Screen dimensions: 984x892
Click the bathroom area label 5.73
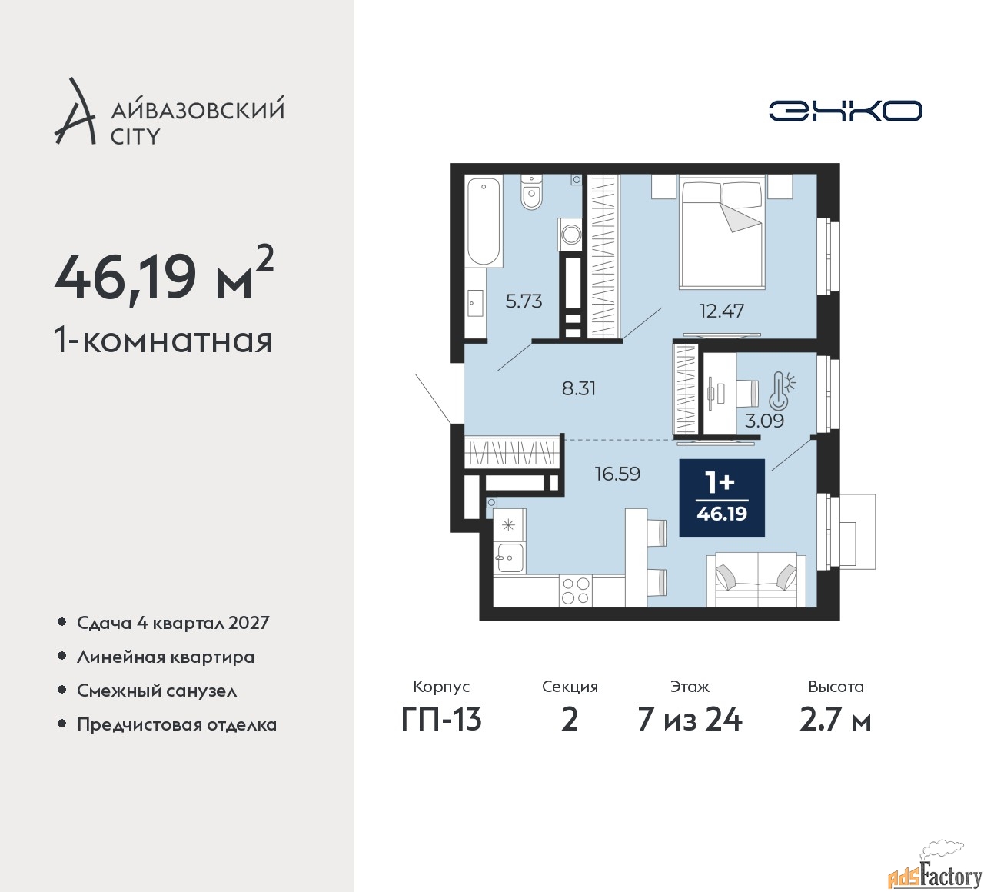pos(524,301)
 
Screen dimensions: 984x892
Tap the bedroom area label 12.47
pos(721,311)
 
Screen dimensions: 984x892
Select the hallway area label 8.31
pos(579,388)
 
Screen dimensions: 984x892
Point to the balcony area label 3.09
pos(764,421)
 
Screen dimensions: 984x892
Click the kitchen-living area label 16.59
pos(617,474)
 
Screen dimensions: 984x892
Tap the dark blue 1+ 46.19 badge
pos(722,498)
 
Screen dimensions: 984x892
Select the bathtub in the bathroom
pos(484,223)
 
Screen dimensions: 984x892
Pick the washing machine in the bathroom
pos(570,234)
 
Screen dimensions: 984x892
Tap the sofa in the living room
pos(756,580)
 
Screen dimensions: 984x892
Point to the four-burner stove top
pos(575,591)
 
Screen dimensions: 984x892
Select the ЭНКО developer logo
pos(845,111)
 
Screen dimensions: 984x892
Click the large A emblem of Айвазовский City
pos(75,111)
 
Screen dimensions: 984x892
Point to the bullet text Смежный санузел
pos(157,691)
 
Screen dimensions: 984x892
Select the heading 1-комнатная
pos(163,341)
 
